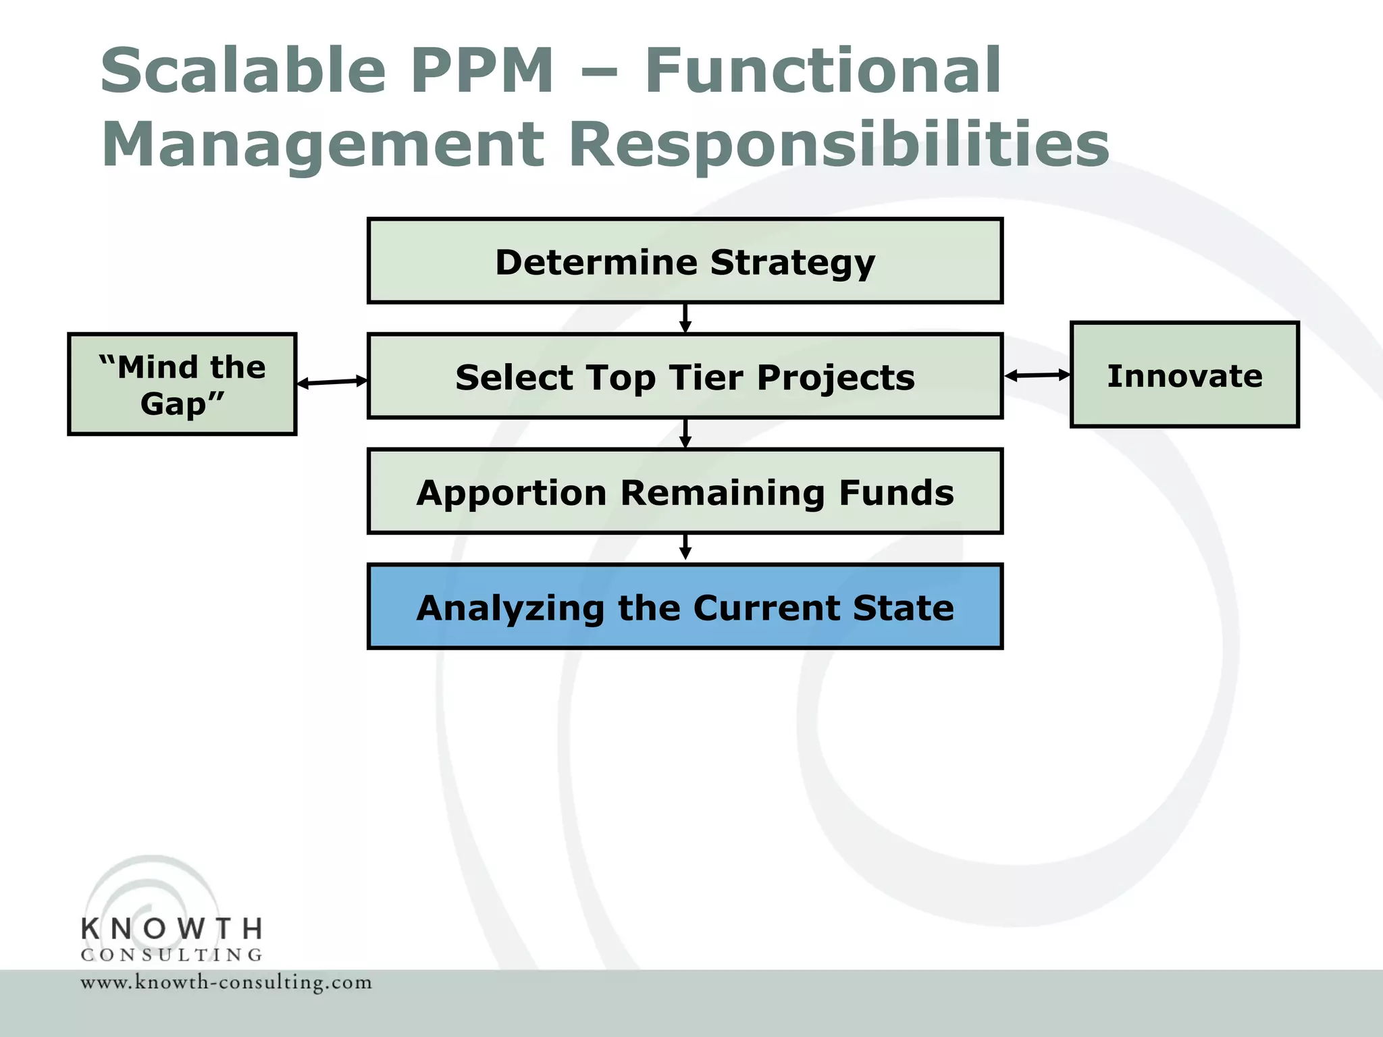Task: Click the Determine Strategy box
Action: click(x=685, y=261)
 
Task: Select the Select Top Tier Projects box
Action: click(x=685, y=376)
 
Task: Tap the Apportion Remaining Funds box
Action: click(x=685, y=491)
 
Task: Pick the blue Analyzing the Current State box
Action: click(x=685, y=606)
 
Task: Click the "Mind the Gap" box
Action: click(x=182, y=384)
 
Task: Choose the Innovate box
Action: click(x=1184, y=375)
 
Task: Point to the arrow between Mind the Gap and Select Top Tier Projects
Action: click(x=332, y=382)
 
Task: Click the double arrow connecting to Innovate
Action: click(x=1037, y=375)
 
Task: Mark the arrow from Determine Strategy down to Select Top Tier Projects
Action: click(x=685, y=318)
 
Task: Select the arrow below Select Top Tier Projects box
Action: click(x=685, y=433)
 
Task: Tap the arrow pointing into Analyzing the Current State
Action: click(x=685, y=548)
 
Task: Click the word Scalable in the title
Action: click(x=243, y=70)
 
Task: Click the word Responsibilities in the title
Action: click(x=839, y=145)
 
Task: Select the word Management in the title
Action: click(x=323, y=145)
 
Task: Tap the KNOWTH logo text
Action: click(x=172, y=929)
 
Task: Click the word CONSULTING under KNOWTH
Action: click(x=172, y=955)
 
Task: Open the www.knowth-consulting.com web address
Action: click(x=226, y=982)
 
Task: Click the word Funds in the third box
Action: click(x=896, y=492)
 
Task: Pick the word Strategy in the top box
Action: click(x=792, y=262)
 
